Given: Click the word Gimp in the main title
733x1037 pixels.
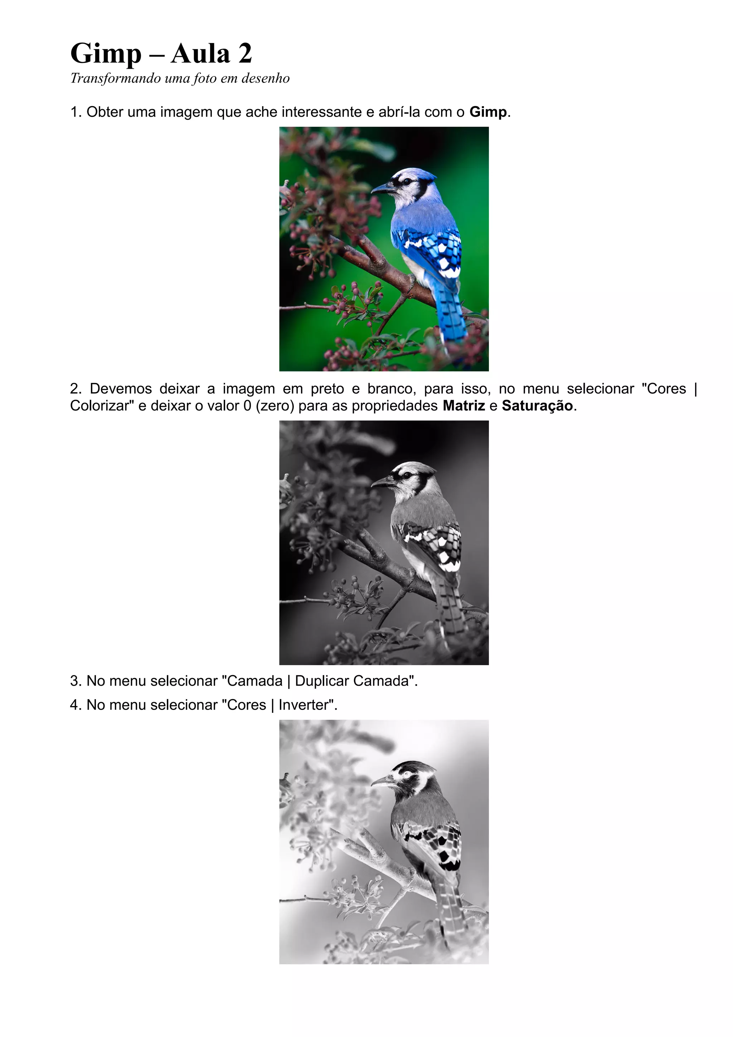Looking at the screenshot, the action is pyautogui.click(x=106, y=54).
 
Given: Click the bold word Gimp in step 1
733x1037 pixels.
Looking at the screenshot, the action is pyautogui.click(x=488, y=112).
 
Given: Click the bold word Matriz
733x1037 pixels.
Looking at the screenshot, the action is pyautogui.click(x=464, y=405).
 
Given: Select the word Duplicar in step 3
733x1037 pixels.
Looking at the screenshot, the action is pyautogui.click(x=322, y=681).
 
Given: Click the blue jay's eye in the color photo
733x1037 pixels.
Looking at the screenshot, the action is pyautogui.click(x=408, y=181).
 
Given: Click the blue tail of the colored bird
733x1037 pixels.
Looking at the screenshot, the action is pyautogui.click(x=452, y=311).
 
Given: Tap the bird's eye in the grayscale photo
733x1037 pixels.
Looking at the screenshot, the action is pyautogui.click(x=408, y=475).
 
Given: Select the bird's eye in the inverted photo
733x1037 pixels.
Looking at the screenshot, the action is pyautogui.click(x=408, y=774).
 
